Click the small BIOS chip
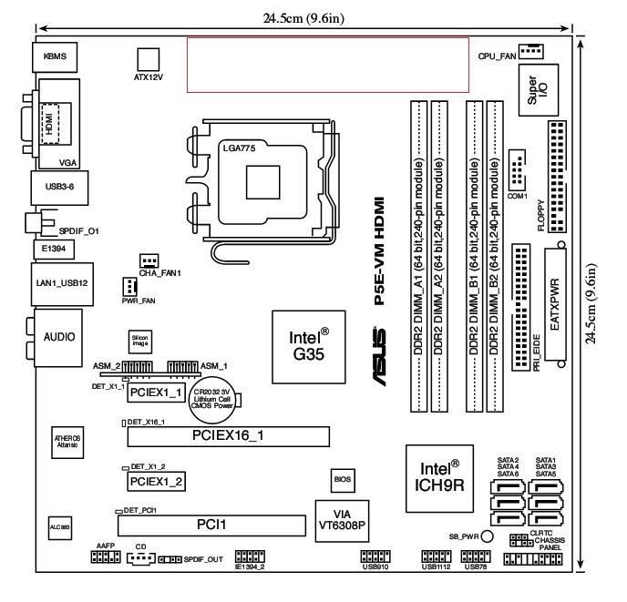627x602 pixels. coord(342,477)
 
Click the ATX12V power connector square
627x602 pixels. coord(146,57)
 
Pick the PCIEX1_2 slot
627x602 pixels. coord(156,480)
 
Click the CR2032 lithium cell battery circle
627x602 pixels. coord(221,398)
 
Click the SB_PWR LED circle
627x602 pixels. coord(487,537)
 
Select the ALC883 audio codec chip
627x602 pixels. coord(56,526)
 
